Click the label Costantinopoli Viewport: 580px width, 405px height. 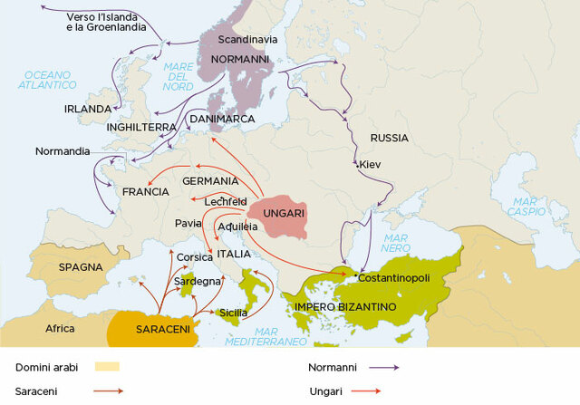396,276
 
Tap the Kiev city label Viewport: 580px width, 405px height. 370,165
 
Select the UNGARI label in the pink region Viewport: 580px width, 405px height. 283,212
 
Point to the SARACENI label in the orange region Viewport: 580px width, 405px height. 163,330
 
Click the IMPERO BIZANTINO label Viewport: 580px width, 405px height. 345,308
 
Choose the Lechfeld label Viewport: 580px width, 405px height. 226,201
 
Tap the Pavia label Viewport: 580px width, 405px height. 188,222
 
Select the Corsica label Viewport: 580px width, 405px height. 194,257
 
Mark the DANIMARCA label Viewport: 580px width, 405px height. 221,119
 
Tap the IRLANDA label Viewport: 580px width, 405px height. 88,109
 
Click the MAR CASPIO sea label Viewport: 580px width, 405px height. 532,206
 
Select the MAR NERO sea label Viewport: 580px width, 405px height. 395,241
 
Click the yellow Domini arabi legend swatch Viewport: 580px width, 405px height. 107,367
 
